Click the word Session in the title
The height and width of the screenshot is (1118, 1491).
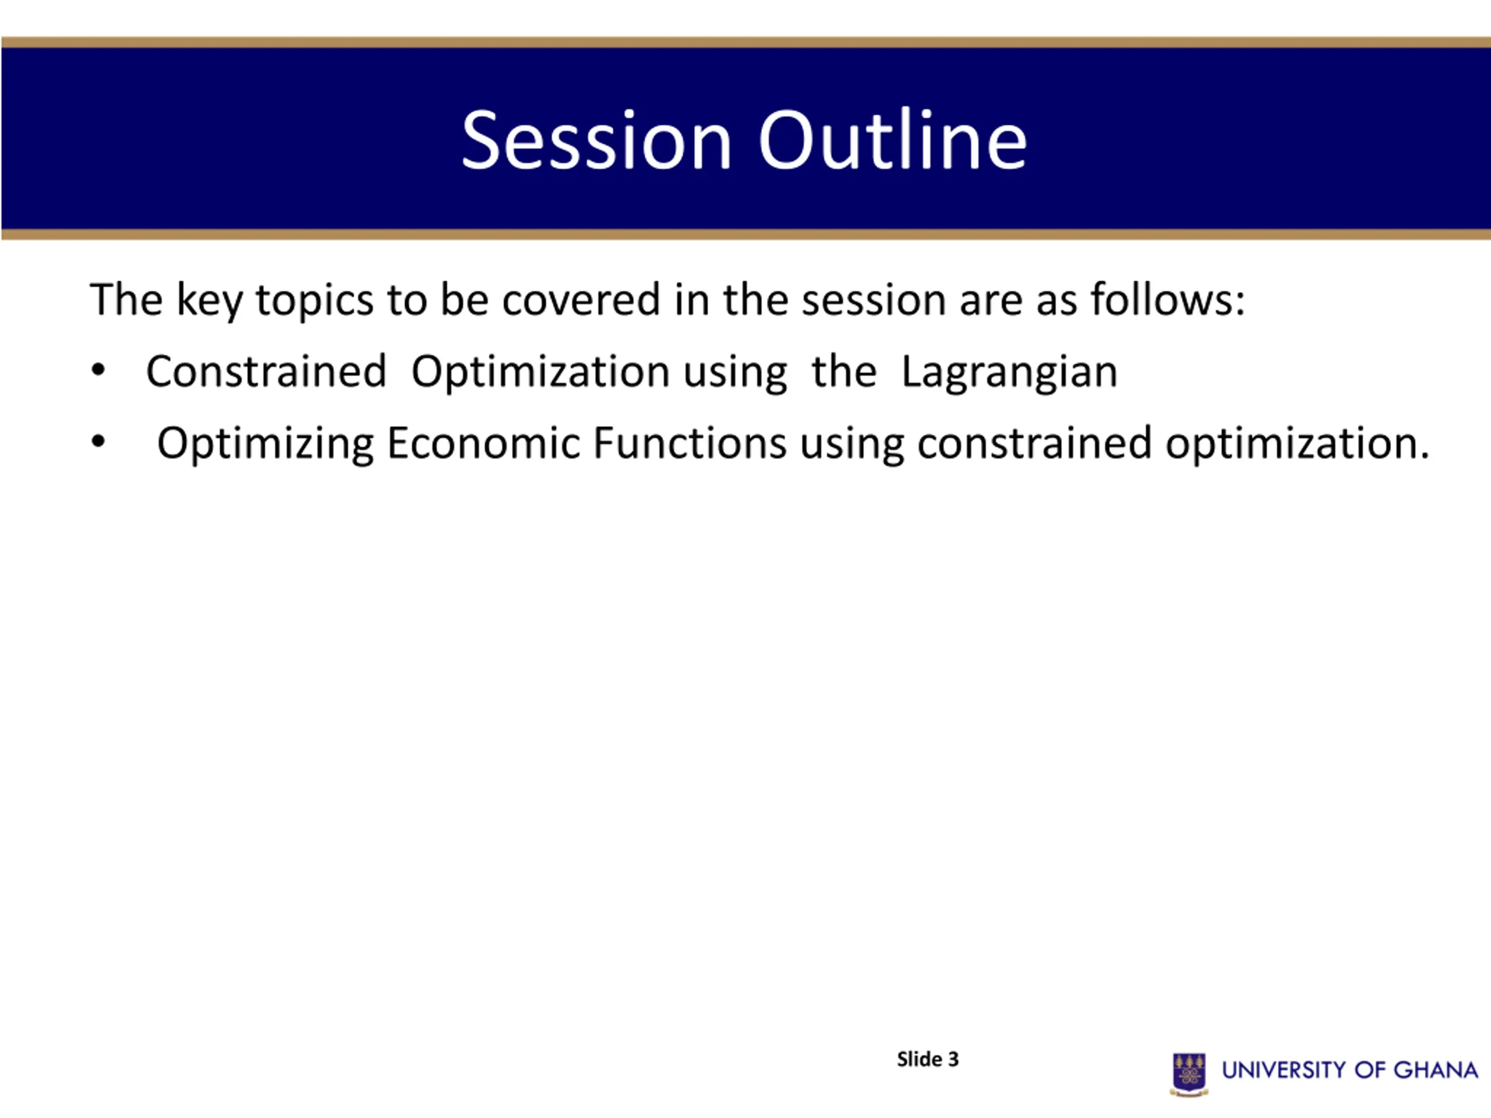596,140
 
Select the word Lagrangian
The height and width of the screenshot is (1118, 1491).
1009,373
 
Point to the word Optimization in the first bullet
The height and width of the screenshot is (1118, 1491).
540,372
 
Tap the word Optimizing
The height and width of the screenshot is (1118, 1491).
266,444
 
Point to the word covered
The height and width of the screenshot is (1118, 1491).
581,299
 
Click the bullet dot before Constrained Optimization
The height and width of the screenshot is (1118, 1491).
98,371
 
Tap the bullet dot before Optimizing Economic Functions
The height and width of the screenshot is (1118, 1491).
98,442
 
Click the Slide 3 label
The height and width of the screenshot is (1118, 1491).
927,1059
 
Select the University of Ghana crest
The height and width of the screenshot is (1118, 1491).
1189,1074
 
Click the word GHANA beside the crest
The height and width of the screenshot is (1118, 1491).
1436,1070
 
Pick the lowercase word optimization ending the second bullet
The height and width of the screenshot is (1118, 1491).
1297,444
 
